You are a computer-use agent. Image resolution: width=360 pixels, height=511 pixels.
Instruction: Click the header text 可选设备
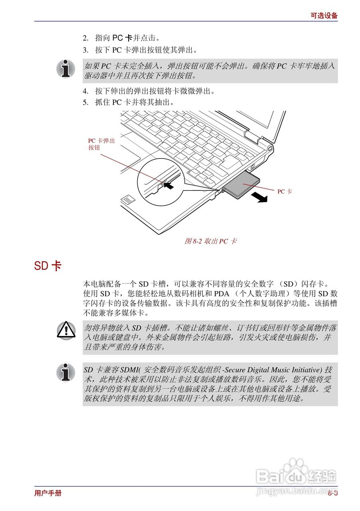click(324, 16)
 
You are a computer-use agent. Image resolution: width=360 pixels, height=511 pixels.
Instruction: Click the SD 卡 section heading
click(47, 266)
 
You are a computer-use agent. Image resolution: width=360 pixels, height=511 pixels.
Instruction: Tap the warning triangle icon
click(66, 330)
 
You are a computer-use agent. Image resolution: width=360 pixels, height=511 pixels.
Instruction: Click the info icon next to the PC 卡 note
click(66, 69)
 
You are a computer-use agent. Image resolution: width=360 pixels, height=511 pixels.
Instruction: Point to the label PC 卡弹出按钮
click(101, 144)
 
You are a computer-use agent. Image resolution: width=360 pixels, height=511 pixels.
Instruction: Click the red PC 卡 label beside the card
click(285, 192)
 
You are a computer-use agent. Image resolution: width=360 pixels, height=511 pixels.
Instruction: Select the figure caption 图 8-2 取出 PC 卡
click(211, 241)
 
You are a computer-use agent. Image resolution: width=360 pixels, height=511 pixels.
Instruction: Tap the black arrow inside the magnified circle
click(169, 185)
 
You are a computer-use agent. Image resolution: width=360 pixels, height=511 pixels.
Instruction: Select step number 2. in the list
click(85, 38)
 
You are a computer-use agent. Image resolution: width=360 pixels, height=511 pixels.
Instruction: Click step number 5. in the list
click(85, 102)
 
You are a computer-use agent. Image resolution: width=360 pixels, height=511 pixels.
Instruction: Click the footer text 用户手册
click(48, 493)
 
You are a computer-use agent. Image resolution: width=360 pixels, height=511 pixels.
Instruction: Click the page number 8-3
click(333, 493)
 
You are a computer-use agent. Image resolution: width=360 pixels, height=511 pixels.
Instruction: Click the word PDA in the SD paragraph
click(222, 294)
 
